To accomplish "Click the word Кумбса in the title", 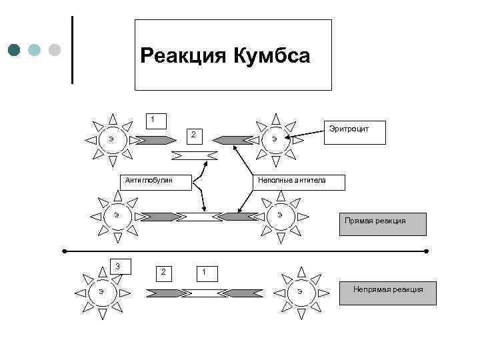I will pyautogui.click(x=271, y=56).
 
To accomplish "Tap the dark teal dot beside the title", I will pyautogui.click(x=15, y=50).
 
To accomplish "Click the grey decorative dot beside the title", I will pyautogui.click(x=55, y=50).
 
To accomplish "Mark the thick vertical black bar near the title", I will pyautogui.click(x=71, y=50).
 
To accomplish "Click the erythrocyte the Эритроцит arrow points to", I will pyautogui.click(x=275, y=139).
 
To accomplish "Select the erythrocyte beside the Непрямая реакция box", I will pyautogui.click(x=301, y=292).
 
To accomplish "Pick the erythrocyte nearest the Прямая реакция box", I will pyautogui.click(x=280, y=215).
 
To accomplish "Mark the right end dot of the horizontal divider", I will pyautogui.click(x=425, y=251).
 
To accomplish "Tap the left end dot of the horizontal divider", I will pyautogui.click(x=65, y=251).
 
